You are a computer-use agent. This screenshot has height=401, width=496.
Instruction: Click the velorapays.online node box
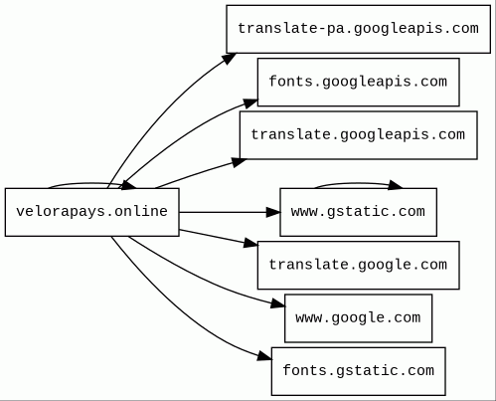[x=92, y=212]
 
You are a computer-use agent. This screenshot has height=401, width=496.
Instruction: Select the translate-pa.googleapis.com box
[x=358, y=29]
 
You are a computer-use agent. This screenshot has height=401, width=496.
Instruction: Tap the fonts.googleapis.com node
[x=358, y=83]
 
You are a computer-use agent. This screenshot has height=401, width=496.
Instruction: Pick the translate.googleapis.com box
[x=358, y=135]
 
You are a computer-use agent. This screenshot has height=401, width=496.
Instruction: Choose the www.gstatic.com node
[x=358, y=212]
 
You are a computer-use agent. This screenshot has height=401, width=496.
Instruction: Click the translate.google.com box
[x=358, y=266]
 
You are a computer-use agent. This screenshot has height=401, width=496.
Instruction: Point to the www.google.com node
[x=358, y=318]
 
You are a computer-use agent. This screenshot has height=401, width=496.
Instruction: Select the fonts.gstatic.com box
[x=358, y=371]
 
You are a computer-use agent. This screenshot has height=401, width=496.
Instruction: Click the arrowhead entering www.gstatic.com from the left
[x=273, y=212]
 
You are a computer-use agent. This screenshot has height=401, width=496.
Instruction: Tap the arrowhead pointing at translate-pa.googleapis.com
[x=230, y=59]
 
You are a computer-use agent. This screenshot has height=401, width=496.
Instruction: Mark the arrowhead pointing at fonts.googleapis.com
[x=250, y=103]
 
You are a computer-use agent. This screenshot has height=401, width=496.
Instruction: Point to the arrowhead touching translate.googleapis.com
[x=240, y=162]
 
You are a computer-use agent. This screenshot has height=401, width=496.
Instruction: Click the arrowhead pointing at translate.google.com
[x=250, y=243]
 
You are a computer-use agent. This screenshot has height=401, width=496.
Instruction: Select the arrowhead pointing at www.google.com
[x=277, y=303]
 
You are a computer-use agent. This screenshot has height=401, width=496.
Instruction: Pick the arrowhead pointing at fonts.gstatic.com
[x=264, y=356]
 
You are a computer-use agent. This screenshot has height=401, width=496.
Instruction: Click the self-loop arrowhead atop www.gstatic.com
[x=396, y=185]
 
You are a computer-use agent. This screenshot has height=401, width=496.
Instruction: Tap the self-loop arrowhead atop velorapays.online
[x=128, y=185]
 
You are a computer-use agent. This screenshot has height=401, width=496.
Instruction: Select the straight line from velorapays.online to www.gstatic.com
[x=223, y=212]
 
